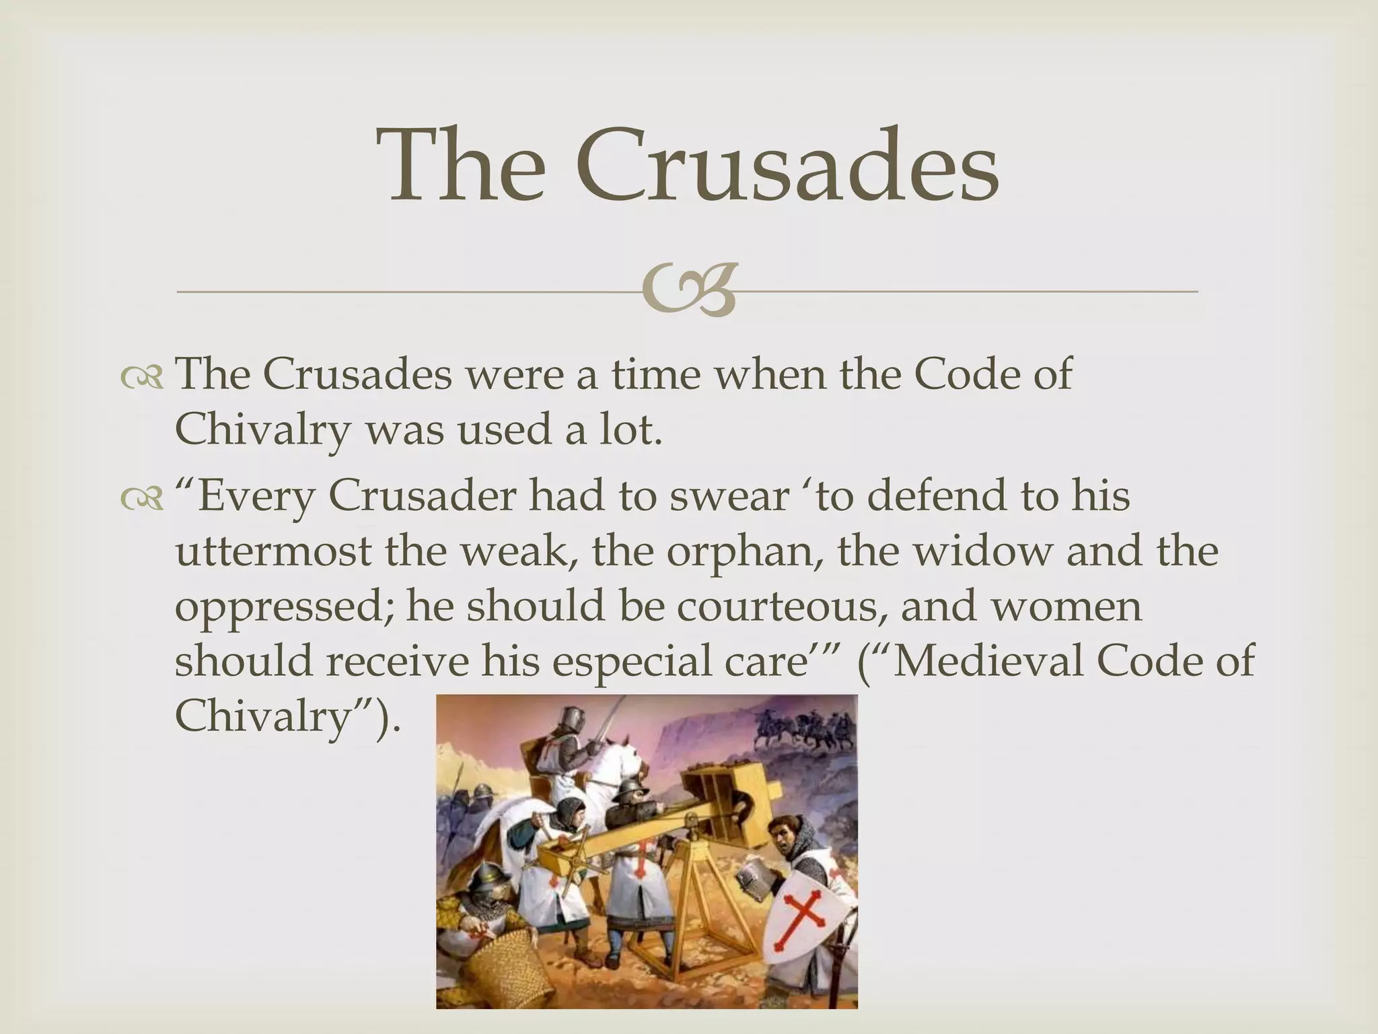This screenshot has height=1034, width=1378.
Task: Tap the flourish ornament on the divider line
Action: pos(688,291)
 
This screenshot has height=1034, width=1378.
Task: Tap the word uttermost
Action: pos(274,552)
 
